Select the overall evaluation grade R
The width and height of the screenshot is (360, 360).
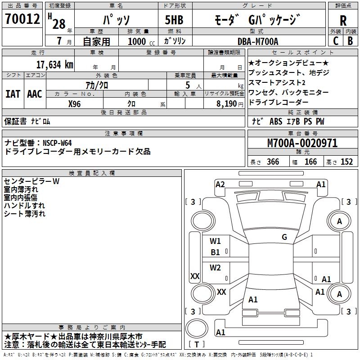click(x=343, y=20)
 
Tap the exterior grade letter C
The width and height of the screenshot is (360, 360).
click(x=336, y=40)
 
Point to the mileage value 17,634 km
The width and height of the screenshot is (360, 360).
click(x=54, y=64)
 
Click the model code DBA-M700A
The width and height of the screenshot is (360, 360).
click(x=258, y=41)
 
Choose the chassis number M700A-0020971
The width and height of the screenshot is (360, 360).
click(x=302, y=144)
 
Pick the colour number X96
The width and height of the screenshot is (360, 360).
click(x=75, y=103)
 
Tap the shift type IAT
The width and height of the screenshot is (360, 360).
click(x=13, y=94)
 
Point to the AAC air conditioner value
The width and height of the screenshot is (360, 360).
click(x=35, y=94)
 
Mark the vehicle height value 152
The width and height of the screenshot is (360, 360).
click(x=346, y=162)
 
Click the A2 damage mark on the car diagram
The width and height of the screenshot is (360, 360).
click(x=220, y=184)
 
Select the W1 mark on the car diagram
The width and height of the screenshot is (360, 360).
click(x=215, y=241)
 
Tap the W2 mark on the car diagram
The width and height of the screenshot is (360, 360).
click(x=215, y=268)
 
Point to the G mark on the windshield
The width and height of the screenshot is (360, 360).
click(x=284, y=237)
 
